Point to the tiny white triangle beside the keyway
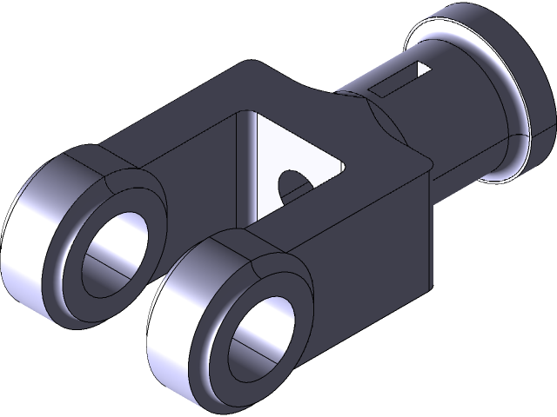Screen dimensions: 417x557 point(423,69)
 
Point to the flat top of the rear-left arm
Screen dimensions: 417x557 point(165,139)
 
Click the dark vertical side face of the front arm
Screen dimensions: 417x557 point(366,261)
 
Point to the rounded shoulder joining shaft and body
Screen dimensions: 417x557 point(383,122)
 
